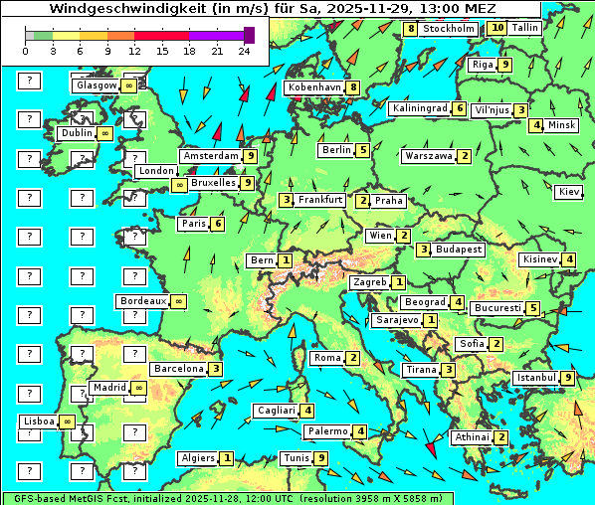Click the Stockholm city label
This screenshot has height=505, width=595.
(x=449, y=29)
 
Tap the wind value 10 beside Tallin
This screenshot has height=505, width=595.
(x=497, y=29)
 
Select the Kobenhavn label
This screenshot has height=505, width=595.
(x=314, y=87)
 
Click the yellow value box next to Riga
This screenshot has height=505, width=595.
(x=505, y=65)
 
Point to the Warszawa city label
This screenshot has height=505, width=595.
(x=429, y=156)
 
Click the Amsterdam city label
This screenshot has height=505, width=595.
(x=211, y=156)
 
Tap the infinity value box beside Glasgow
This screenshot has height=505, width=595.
(x=129, y=85)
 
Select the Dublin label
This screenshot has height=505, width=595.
(x=76, y=133)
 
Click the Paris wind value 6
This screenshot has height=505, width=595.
(x=217, y=224)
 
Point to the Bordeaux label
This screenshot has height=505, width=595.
(x=142, y=300)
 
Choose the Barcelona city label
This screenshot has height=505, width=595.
(x=179, y=369)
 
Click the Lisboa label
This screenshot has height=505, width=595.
(x=39, y=421)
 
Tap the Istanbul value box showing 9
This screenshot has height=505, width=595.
(x=567, y=378)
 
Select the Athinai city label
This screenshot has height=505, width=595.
(x=471, y=437)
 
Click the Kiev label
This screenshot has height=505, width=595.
(x=569, y=191)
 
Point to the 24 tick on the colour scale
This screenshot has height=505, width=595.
(x=244, y=50)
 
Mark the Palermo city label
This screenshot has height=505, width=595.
(x=326, y=431)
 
